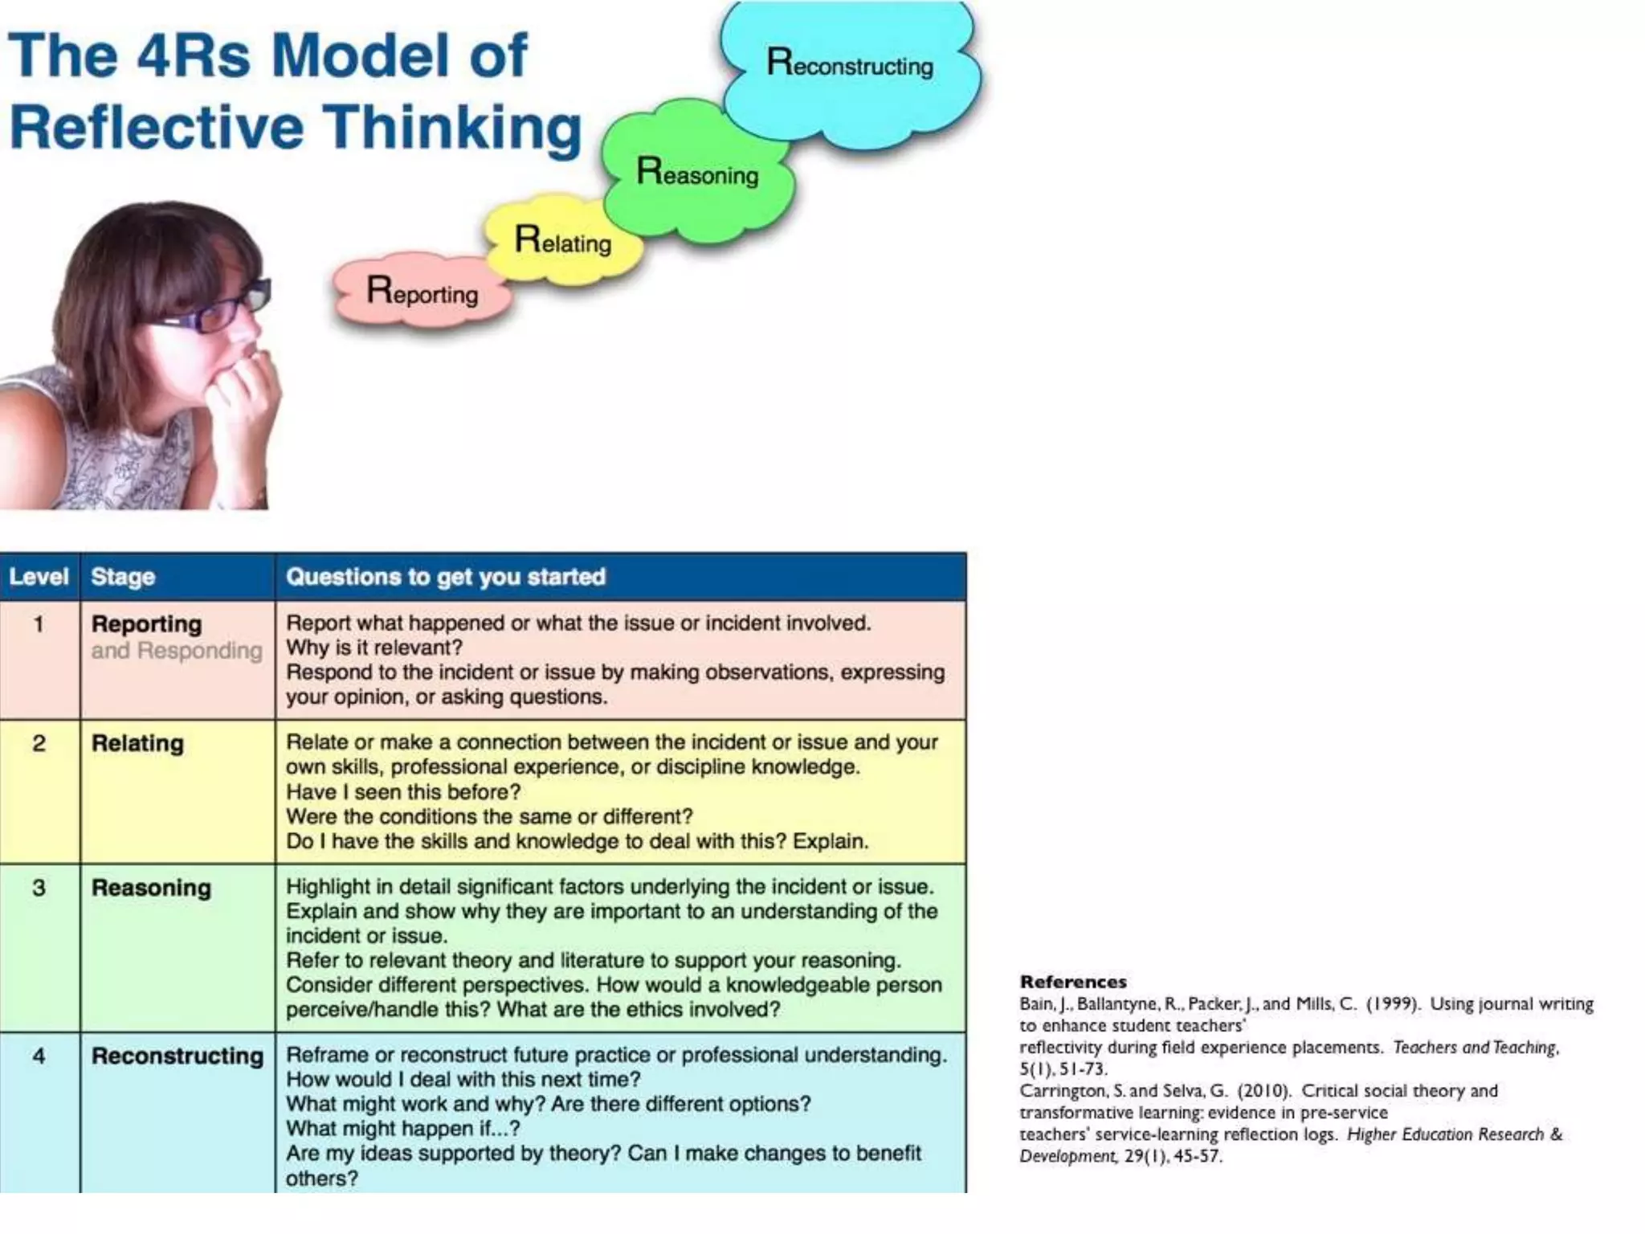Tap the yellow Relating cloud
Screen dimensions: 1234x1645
click(x=562, y=240)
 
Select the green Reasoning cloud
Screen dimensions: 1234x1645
click(x=697, y=172)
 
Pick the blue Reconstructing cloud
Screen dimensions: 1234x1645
click(x=850, y=64)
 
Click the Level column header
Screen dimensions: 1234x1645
click(x=39, y=577)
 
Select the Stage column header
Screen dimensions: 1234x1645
click(x=123, y=577)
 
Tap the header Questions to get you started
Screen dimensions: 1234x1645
click(x=446, y=577)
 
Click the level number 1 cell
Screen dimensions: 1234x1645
click(x=39, y=623)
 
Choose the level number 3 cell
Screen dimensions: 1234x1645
click(x=39, y=888)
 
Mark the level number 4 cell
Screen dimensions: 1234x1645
click(x=39, y=1056)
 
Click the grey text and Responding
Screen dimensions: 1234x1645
click(x=177, y=651)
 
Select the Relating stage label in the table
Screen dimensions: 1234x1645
click(x=137, y=743)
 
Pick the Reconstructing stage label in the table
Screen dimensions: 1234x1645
click(x=178, y=1056)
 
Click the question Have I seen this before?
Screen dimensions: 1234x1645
click(x=403, y=792)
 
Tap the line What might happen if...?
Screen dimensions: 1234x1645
click(x=403, y=1129)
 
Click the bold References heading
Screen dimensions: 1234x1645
click(x=1073, y=982)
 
